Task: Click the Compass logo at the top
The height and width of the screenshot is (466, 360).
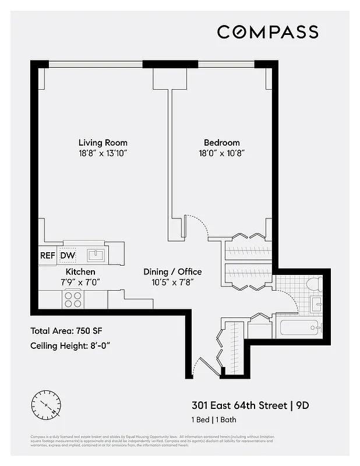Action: [x=267, y=31]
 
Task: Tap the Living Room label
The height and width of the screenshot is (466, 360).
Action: [x=103, y=143]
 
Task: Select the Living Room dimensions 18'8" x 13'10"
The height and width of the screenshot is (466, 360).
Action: [x=103, y=153]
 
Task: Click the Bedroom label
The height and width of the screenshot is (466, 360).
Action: [x=221, y=143]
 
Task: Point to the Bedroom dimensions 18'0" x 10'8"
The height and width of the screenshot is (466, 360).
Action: [x=221, y=153]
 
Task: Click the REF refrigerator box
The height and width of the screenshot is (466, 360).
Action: [x=47, y=255]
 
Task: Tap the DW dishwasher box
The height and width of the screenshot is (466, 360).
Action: [x=68, y=255]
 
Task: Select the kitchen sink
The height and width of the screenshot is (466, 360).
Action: [x=96, y=255]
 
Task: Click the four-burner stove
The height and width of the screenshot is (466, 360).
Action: [x=73, y=299]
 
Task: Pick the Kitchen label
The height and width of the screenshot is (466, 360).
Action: [x=80, y=272]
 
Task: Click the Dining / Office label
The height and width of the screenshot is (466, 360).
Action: [x=173, y=272]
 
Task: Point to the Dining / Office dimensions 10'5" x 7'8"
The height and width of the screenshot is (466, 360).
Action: [x=173, y=283]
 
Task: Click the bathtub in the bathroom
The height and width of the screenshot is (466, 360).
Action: [x=299, y=327]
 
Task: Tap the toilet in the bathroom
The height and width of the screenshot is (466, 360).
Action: [x=314, y=284]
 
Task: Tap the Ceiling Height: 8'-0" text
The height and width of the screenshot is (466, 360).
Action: [x=70, y=345]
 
